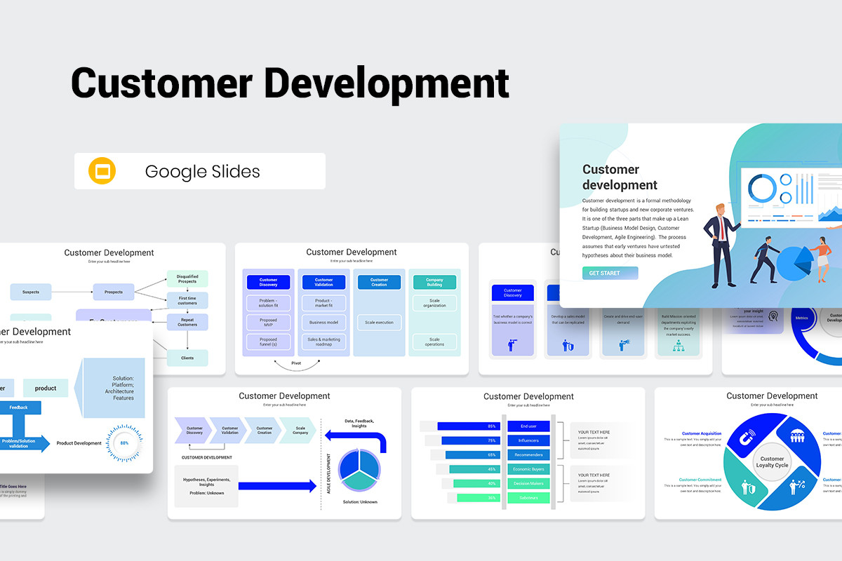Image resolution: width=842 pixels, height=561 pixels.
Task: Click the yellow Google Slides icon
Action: pyautogui.click(x=102, y=171)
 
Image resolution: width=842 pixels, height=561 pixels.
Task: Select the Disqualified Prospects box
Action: pyautogui.click(x=187, y=279)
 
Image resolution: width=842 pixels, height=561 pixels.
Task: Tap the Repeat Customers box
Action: pyautogui.click(x=187, y=322)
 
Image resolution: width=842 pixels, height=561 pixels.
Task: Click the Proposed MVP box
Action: pyautogui.click(x=268, y=323)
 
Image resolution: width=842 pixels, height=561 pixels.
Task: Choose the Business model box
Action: pyautogui.click(x=323, y=323)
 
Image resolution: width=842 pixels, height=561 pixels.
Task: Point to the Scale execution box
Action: pyautogui.click(x=379, y=323)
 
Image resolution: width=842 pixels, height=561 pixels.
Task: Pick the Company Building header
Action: pyautogui.click(x=434, y=283)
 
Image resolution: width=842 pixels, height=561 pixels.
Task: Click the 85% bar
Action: pyautogui.click(x=468, y=426)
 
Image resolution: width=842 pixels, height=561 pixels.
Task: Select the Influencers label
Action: pyautogui.click(x=528, y=440)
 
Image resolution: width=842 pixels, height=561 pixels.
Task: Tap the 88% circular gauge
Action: pyautogui.click(x=124, y=443)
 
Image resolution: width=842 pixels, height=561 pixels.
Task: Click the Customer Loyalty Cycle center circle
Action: pyautogui.click(x=772, y=462)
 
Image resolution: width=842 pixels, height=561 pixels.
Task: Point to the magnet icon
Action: pyautogui.click(x=744, y=439)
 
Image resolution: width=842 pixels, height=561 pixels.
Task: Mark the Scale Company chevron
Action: pyautogui.click(x=300, y=430)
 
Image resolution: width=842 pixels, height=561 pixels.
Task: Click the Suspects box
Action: pyautogui.click(x=31, y=292)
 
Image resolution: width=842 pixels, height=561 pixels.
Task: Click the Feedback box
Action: pyautogui.click(x=19, y=407)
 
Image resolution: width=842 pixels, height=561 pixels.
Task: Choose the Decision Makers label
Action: pyautogui.click(x=528, y=483)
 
